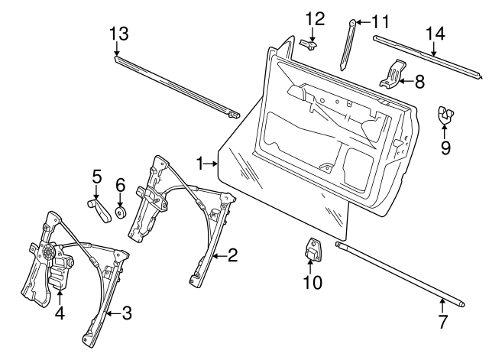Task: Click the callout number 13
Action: coord(118,34)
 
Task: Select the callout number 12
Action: coord(315,18)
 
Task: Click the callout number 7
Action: coord(442,322)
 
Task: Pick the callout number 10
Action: coord(313,283)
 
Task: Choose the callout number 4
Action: coord(60,313)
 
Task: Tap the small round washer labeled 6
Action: coord(121,211)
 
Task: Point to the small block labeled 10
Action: coord(313,249)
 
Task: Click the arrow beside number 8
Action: coord(406,79)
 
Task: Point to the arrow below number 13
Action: coord(118,50)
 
